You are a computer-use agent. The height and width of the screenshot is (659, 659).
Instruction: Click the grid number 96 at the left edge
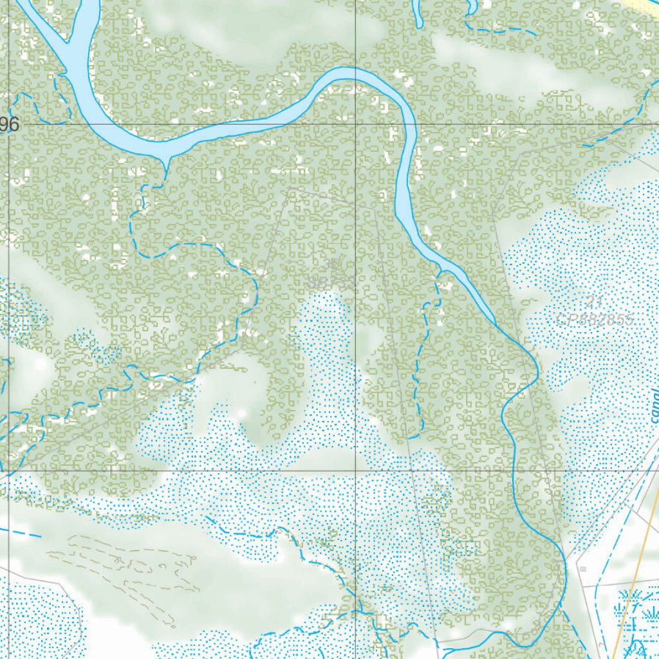click(9, 125)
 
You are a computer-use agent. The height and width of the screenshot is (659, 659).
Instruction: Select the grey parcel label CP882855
click(595, 320)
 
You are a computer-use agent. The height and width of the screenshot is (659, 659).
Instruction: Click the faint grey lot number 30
click(332, 265)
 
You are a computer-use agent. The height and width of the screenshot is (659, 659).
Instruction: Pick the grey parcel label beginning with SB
click(332, 282)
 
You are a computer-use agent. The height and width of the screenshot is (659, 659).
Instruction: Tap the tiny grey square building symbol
click(582, 569)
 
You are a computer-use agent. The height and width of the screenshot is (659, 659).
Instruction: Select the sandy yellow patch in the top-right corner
click(644, 5)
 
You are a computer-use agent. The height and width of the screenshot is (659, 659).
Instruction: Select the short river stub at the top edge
click(418, 13)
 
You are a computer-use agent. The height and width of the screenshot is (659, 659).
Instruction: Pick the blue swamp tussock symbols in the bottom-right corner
click(634, 618)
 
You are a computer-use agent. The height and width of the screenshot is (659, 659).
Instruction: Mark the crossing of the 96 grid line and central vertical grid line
click(356, 124)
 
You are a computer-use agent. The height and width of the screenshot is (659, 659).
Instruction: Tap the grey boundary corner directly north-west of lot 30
click(290, 189)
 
